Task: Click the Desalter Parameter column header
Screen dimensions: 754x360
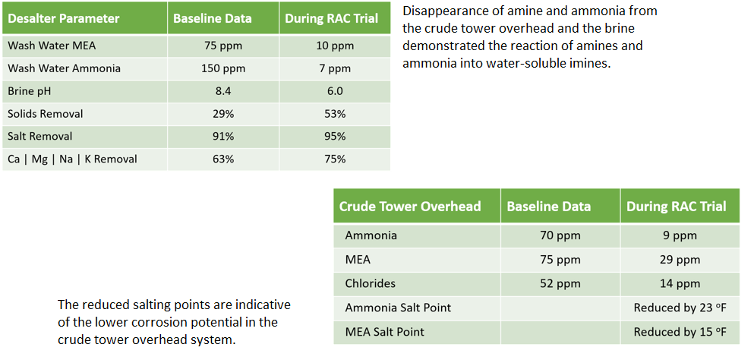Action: [x=64, y=19]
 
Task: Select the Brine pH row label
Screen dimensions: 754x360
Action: [x=30, y=91]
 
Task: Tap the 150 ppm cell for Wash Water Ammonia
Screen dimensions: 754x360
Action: [x=223, y=69]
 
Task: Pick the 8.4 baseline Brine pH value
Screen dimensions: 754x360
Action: [x=223, y=91]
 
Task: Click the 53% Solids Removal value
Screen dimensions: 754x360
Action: [x=335, y=114]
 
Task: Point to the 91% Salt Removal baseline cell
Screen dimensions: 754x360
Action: [x=223, y=136]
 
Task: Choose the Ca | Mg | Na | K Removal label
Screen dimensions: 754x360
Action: [x=73, y=159]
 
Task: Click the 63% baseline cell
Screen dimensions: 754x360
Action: [x=223, y=159]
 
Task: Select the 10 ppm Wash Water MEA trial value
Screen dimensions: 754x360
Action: [x=335, y=46]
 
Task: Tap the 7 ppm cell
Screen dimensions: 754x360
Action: [x=335, y=69]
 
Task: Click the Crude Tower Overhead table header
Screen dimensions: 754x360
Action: [x=410, y=206]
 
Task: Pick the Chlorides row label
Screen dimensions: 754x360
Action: [x=371, y=283]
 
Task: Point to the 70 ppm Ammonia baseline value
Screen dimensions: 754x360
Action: [x=560, y=236]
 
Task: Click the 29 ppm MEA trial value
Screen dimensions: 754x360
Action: [x=680, y=260]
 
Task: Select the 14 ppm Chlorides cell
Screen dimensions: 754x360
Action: [x=680, y=283]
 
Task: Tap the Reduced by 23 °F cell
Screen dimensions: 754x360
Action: [x=680, y=308]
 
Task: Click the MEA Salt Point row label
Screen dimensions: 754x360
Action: [x=385, y=332]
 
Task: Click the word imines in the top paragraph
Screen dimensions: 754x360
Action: [x=592, y=63]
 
